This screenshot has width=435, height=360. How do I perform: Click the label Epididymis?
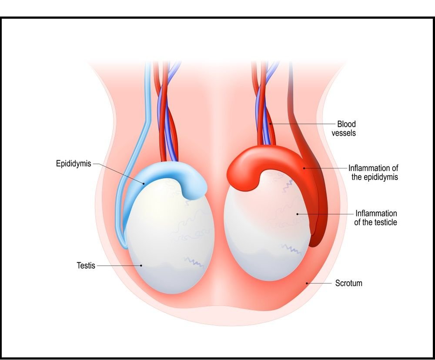point(74,164)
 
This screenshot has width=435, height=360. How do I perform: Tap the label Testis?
point(86,265)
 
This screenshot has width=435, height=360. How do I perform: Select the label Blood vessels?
point(344,129)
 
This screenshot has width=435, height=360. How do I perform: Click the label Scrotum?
point(348,283)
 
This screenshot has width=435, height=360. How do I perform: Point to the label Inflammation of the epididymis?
point(373,173)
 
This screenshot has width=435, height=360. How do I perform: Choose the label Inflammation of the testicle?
point(376,218)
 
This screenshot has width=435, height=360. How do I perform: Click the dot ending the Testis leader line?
point(141,265)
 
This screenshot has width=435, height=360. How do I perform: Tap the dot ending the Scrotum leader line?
point(307,283)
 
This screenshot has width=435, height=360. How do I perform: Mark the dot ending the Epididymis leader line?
point(144,183)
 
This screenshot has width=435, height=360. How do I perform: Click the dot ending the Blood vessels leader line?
point(271,124)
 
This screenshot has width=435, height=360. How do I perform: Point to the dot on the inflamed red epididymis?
point(304,168)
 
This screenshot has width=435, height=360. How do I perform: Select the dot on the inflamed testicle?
point(297,214)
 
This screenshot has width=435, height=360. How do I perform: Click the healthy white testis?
point(170,243)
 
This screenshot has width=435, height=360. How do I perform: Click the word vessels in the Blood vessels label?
point(344,133)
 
